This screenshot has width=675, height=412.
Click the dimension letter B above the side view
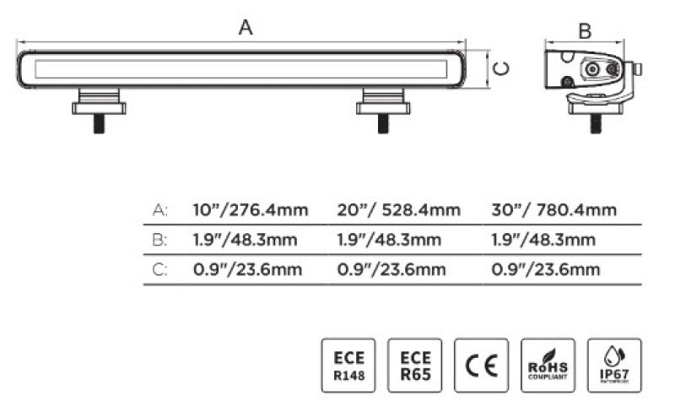tap(584, 31)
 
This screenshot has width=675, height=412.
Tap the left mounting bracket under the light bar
tap(100, 104)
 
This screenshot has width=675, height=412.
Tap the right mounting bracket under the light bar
tap(382, 104)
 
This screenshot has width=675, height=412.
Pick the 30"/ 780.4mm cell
tap(553, 210)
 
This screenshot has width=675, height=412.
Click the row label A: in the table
tap(159, 210)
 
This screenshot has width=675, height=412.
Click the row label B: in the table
tap(159, 240)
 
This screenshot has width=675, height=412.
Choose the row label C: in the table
tap(159, 269)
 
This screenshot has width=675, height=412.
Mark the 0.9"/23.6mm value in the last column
tap(545, 269)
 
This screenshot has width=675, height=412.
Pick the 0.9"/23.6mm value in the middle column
tap(391, 269)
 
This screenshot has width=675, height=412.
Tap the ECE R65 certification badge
tap(414, 366)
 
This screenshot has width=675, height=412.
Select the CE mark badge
tap(481, 366)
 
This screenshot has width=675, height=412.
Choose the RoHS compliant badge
tap(548, 366)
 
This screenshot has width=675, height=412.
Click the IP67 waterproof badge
tap(614, 366)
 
